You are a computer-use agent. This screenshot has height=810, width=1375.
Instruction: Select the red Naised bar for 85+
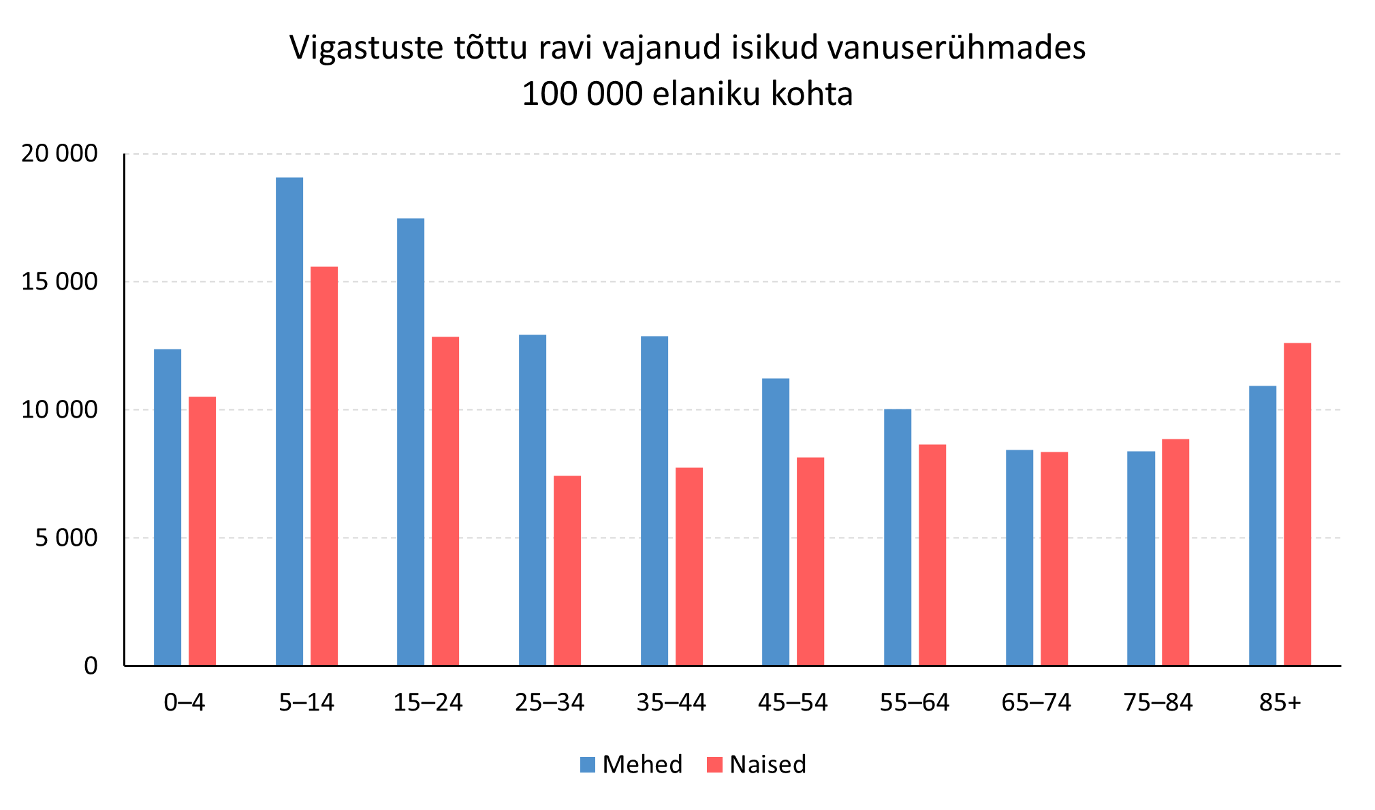click(x=1297, y=504)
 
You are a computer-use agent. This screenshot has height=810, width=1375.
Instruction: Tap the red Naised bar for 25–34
click(x=567, y=570)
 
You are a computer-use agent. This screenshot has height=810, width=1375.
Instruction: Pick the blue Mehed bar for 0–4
click(x=168, y=507)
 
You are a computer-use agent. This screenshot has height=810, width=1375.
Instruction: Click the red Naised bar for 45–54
click(x=810, y=561)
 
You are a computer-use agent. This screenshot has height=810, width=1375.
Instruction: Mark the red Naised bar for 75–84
click(x=1175, y=552)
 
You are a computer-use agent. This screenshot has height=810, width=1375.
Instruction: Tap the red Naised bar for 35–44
click(x=689, y=566)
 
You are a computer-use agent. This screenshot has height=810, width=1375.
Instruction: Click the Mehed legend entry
click(x=631, y=764)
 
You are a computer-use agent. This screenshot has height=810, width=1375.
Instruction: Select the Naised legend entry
click(x=757, y=764)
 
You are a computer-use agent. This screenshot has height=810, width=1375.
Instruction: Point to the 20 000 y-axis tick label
click(x=59, y=154)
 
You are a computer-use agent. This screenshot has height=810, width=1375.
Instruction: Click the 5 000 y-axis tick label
click(x=67, y=538)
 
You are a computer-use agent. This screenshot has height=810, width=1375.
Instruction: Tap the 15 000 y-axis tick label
click(x=59, y=282)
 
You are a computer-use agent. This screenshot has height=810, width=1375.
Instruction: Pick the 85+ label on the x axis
click(x=1280, y=702)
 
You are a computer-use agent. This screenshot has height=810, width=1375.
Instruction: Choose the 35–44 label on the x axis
click(x=671, y=702)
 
